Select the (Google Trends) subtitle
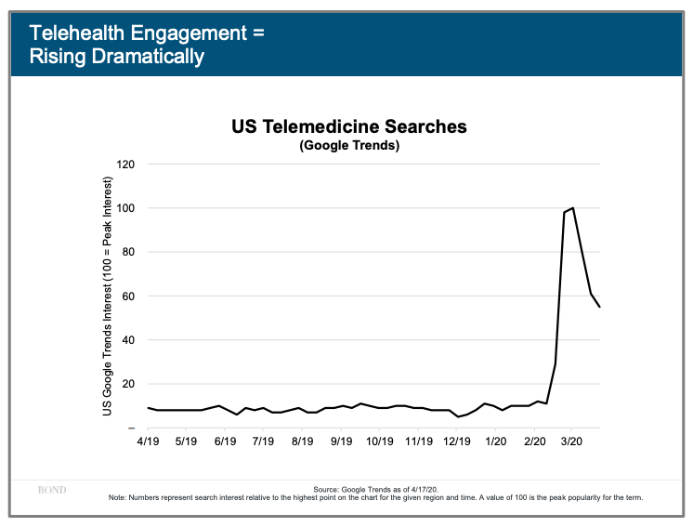[349, 146]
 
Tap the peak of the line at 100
[573, 208]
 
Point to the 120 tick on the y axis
[125, 165]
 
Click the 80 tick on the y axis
[128, 252]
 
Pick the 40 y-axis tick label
[128, 340]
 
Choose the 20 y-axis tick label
[128, 384]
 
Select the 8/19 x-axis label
[302, 443]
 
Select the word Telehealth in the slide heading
[73, 33]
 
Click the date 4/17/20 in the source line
[425, 489]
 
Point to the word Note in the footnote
[118, 497]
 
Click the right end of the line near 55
[600, 307]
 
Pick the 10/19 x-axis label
[379, 443]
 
